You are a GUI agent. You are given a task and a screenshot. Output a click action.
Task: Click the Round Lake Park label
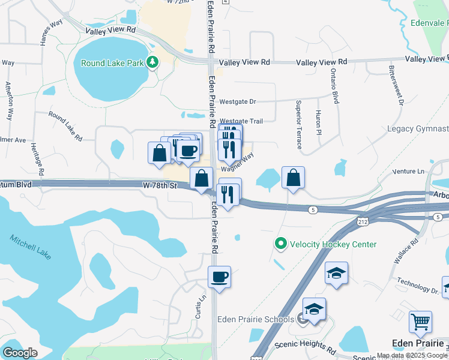113,62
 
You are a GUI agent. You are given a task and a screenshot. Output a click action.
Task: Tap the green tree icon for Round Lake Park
154,62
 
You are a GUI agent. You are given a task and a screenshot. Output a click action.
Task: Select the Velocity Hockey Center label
333,244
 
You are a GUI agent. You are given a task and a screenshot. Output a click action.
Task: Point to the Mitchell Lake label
30,247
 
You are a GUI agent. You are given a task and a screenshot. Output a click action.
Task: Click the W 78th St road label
160,186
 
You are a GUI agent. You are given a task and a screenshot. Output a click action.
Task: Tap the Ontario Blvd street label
334,88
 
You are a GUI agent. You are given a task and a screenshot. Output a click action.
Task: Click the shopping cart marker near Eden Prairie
420,322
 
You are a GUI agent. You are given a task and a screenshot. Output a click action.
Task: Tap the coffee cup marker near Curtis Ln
219,277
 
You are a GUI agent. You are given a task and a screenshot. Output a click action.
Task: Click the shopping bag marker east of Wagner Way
293,178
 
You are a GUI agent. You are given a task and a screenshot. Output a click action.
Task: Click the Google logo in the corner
20,353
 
